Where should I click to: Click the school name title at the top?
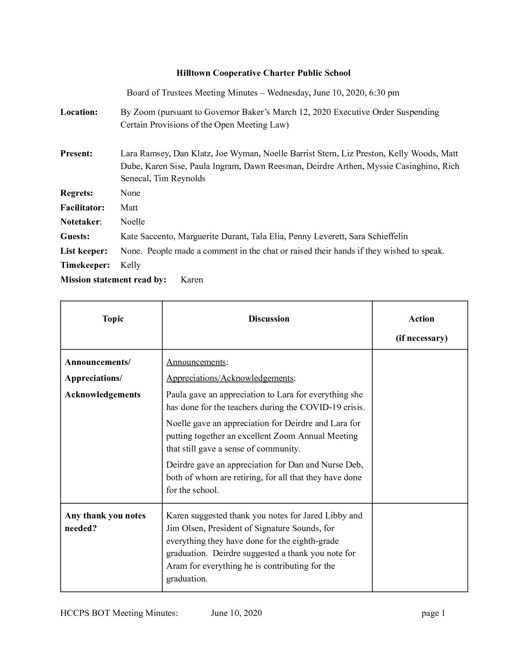tap(263, 73)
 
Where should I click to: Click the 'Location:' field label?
tap(79, 112)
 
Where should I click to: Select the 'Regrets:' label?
tap(77, 193)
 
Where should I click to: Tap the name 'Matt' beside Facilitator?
tap(129, 208)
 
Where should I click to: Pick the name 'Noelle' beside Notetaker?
tap(133, 222)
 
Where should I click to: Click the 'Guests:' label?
tap(75, 236)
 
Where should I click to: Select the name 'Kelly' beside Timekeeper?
tap(130, 265)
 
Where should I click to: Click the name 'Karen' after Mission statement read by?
tap(192, 280)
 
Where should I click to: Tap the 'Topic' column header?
tap(113, 319)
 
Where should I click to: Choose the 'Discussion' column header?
tap(269, 319)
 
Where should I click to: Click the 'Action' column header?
tap(421, 319)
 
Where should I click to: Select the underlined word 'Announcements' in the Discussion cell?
tap(196, 362)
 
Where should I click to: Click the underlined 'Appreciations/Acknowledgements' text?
tap(230, 378)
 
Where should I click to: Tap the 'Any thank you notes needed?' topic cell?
tap(105, 522)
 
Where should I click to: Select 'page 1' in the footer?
tap(433, 613)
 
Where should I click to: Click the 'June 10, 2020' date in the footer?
tap(236, 613)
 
